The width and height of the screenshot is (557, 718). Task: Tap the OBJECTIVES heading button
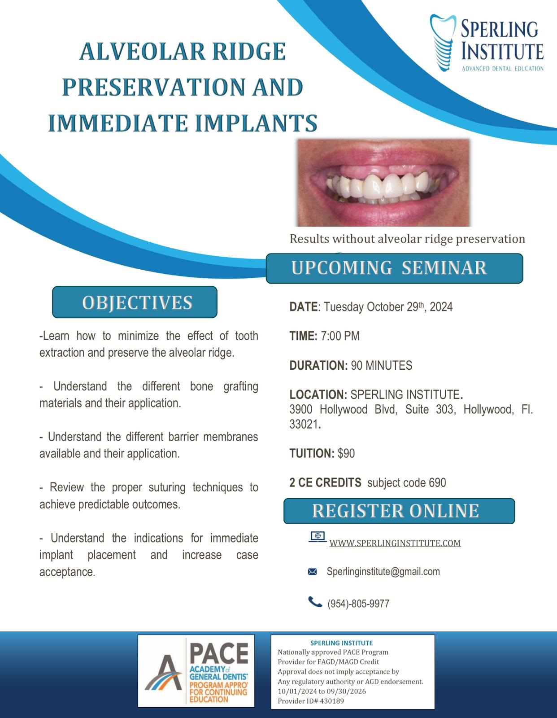coord(135,302)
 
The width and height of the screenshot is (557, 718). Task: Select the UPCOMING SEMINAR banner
coord(395,268)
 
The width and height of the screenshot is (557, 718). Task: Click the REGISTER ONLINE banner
coord(399,511)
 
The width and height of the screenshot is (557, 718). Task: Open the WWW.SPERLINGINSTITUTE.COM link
coord(395,543)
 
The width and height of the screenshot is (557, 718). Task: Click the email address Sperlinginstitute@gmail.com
coord(383,572)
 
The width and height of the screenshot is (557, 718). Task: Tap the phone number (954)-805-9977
coord(358,604)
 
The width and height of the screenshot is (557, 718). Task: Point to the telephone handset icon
coord(315,602)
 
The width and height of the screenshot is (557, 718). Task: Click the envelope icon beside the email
coord(312,572)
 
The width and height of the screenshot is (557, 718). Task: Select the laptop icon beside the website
coord(318,537)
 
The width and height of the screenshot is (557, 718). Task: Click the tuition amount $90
coord(346,453)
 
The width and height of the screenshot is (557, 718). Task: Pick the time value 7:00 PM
coord(340,336)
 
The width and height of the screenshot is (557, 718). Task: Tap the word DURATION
coord(318,365)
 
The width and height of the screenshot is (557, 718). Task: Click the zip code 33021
coord(304,424)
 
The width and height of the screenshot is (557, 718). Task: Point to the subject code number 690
coord(437,483)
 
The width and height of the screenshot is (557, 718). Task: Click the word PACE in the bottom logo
coord(219,653)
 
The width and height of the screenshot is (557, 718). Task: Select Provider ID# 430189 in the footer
coord(311,701)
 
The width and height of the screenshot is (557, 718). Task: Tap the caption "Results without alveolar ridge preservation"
coord(407,239)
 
